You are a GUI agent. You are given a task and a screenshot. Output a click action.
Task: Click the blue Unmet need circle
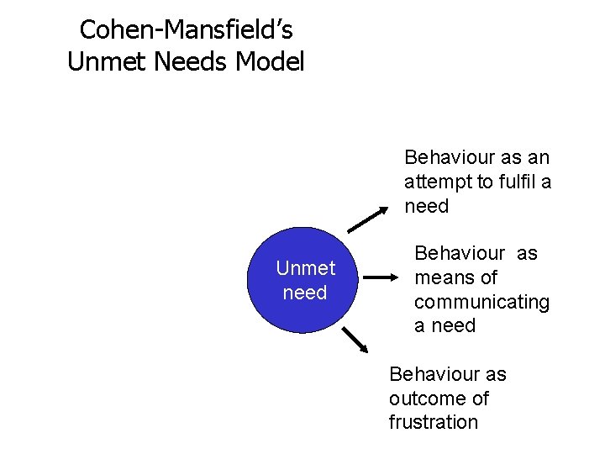point(306,281)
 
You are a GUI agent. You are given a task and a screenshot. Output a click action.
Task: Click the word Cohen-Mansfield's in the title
point(187,30)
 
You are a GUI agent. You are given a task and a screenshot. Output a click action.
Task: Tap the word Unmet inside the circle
point(306,268)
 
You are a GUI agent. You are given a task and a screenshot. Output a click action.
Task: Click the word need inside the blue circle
point(306,293)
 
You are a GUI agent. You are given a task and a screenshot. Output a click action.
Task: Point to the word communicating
point(481,302)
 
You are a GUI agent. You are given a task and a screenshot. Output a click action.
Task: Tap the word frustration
point(433,422)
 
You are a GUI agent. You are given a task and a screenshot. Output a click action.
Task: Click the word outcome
point(427,398)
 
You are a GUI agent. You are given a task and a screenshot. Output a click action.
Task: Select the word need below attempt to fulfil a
point(427,206)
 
